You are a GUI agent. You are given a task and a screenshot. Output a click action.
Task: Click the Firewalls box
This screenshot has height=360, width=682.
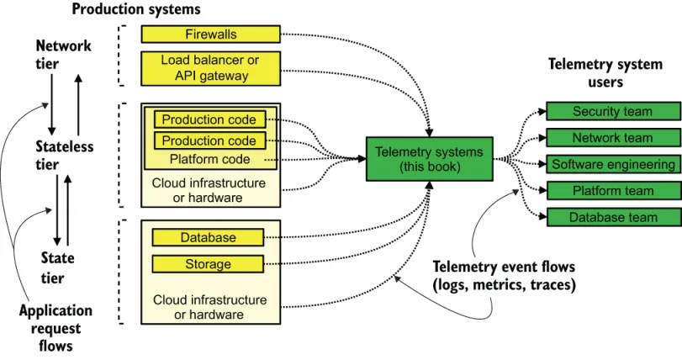pos(210,34)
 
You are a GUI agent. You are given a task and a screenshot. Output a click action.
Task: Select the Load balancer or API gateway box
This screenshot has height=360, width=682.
pos(210,68)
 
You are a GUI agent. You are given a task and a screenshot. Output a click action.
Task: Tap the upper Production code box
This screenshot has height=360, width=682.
pos(209,120)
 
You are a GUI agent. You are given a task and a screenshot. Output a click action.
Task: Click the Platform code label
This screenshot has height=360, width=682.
pos(209,159)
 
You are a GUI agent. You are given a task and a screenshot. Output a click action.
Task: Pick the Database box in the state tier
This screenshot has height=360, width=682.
pos(208,238)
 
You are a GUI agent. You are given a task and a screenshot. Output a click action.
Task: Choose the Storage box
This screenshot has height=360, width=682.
pos(208,264)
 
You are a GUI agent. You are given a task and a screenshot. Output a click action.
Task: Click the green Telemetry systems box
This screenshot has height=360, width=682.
pos(429,159)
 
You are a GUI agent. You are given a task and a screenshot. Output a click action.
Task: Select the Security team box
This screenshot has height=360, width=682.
pos(611,112)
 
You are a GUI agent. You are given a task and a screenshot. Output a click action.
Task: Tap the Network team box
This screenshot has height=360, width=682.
pos(611,138)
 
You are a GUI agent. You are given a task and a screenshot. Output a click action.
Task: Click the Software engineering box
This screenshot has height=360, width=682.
pos(611,164)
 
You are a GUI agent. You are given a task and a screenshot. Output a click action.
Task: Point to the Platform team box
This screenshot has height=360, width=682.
pos(611,191)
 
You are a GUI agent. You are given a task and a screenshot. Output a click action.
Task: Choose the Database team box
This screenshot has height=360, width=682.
pos(611,217)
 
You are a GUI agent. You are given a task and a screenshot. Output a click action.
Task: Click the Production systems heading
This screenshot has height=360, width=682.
pos(136,9)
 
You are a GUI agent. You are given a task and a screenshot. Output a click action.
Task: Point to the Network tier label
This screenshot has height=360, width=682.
pos(63,55)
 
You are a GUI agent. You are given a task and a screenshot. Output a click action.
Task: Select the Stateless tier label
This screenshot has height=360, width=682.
pos(64,156)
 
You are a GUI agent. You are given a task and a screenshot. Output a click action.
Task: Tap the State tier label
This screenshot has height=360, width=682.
pos(57,267)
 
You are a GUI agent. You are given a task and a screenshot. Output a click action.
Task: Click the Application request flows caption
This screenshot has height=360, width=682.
pos(56,328)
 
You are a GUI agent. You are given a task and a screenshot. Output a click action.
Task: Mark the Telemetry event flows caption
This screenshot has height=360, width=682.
pos(504,276)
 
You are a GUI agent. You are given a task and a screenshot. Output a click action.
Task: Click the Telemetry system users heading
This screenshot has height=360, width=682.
pos(605,73)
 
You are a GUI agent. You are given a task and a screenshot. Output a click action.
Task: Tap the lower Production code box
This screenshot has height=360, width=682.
pos(209,140)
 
